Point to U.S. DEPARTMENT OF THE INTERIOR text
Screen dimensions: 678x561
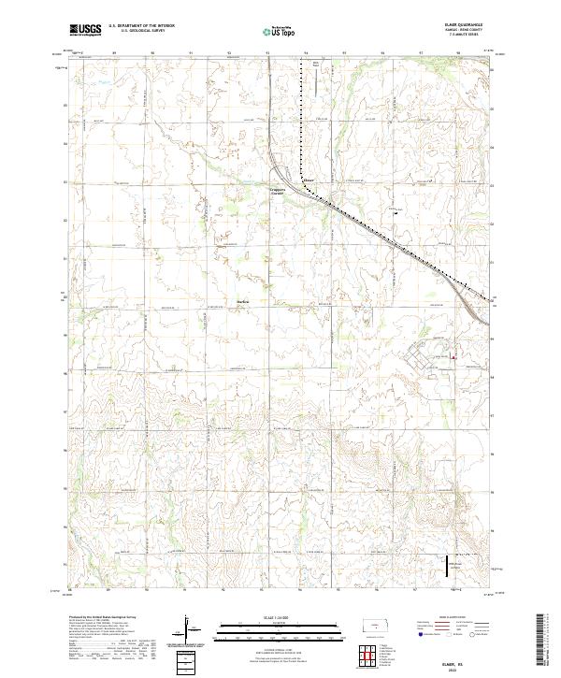pyautogui.click(x=142, y=26)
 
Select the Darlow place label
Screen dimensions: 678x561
pyautogui.click(x=242, y=300)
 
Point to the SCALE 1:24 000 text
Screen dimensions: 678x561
pyautogui.click(x=280, y=618)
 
